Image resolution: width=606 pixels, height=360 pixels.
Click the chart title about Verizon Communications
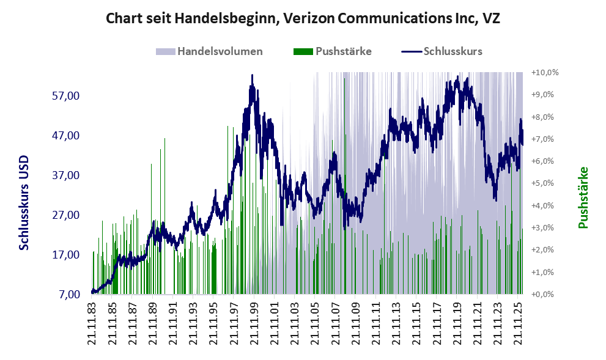[303, 18]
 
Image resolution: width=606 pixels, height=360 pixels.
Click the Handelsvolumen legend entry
[209, 51]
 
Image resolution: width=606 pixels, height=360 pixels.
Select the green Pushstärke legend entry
[333, 51]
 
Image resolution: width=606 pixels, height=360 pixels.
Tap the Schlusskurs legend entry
[442, 51]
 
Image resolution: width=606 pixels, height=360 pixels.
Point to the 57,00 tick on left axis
[65, 95]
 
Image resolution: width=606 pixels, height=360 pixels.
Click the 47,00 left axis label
[65, 135]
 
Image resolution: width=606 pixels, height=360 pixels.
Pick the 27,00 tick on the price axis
[65, 215]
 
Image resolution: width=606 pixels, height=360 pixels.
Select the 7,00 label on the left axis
[69, 295]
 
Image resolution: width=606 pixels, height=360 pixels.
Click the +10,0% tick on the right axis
[545, 73]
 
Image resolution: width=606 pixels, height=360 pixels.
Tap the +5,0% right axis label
[542, 183]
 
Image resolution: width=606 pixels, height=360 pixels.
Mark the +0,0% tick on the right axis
[542, 295]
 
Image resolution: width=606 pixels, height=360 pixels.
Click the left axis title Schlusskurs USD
[24, 203]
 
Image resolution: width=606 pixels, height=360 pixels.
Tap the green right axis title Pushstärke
[583, 197]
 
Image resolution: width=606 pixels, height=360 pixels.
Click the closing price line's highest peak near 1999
[252, 75]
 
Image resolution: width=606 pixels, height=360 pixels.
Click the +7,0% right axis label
[542, 139]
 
